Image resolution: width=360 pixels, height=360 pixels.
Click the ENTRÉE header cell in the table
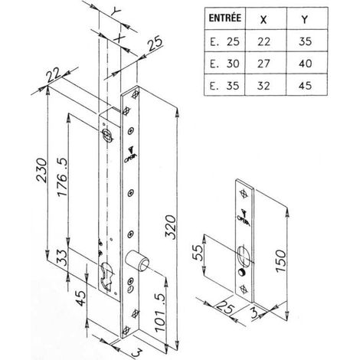pos(224,18)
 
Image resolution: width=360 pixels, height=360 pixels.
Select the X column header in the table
pos(263,19)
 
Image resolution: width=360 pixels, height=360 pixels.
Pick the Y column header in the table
pos(304,19)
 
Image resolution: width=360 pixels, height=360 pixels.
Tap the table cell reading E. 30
pos(224,64)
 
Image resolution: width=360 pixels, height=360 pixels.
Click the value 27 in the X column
pos(263,64)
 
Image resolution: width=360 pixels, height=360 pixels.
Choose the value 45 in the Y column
pos(305,86)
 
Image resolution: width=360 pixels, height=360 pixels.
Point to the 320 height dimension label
pos(171,227)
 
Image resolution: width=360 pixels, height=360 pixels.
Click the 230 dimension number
pos(41,171)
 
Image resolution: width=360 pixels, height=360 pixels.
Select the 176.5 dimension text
pos(62,178)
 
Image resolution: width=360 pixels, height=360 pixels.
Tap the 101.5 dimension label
pos(160,313)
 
